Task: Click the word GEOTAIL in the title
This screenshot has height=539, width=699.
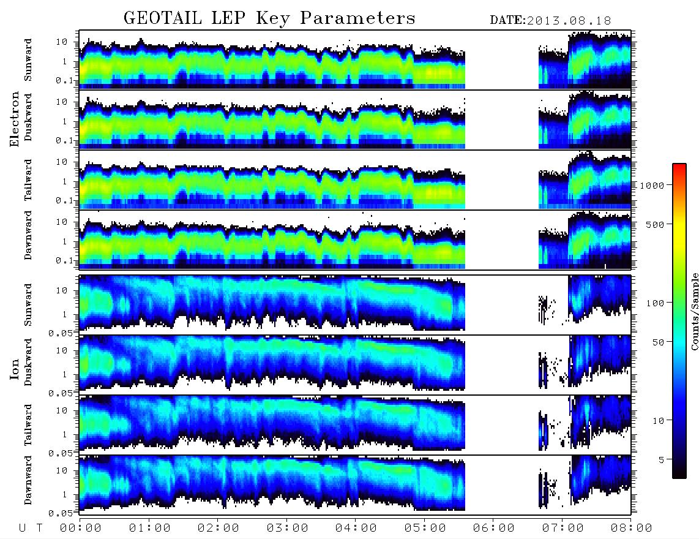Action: coord(162,18)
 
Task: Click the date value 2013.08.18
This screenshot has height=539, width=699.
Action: coord(569,21)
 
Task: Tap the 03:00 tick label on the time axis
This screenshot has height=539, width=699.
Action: coord(287,529)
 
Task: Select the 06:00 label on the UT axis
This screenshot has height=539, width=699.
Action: coord(493,529)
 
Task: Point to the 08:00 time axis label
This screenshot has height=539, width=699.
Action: coord(631,529)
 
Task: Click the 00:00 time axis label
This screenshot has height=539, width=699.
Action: coord(81,529)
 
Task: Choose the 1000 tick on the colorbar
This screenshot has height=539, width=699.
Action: coord(652,186)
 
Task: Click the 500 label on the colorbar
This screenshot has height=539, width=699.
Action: coord(655,224)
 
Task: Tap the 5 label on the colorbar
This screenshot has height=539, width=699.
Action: coord(662,460)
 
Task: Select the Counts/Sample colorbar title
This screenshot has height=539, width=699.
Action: coord(694,311)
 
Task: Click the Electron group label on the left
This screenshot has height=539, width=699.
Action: coord(14,119)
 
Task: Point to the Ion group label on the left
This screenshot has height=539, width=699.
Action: coord(14,369)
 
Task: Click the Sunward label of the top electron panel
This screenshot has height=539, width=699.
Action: coord(28,60)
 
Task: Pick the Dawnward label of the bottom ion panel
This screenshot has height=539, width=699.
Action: coord(28,480)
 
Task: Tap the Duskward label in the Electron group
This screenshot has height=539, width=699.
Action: coord(28,117)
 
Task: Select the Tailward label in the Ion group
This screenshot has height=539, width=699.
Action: coord(28,425)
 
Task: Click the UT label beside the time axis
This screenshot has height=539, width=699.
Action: coord(31,529)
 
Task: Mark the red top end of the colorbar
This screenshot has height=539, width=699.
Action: coord(679,165)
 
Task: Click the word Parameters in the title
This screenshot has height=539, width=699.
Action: coord(357,18)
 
